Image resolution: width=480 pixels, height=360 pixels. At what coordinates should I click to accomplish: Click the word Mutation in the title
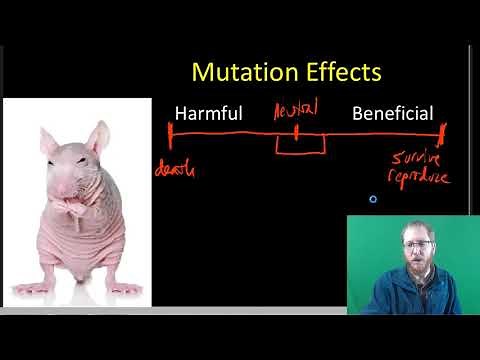click(x=235, y=73)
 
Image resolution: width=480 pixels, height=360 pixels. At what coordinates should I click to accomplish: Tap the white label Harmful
click(x=209, y=113)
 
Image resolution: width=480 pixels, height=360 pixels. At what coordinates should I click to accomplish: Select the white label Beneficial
click(x=392, y=113)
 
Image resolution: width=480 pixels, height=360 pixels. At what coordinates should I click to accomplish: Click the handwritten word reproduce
click(x=420, y=179)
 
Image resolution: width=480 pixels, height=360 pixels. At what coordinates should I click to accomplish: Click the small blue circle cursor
click(x=373, y=199)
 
